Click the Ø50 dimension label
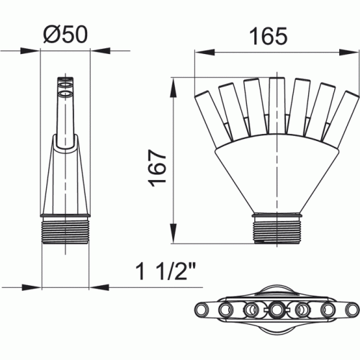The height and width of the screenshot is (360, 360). (66, 35)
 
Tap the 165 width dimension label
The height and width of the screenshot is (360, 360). (269, 36)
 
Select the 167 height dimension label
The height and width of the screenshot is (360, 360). (158, 168)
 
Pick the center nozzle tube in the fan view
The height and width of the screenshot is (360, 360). (276, 105)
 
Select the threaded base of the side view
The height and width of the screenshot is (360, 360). (66, 230)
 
